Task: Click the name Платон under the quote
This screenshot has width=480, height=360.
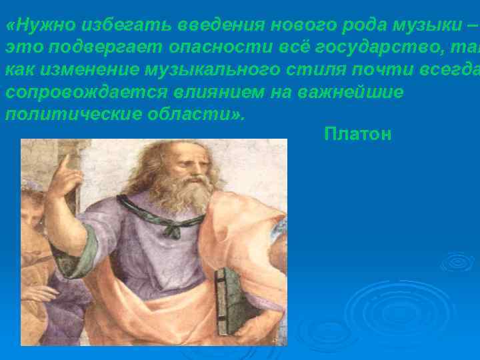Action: coord(358,135)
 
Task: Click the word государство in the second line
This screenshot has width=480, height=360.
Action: coord(374,47)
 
